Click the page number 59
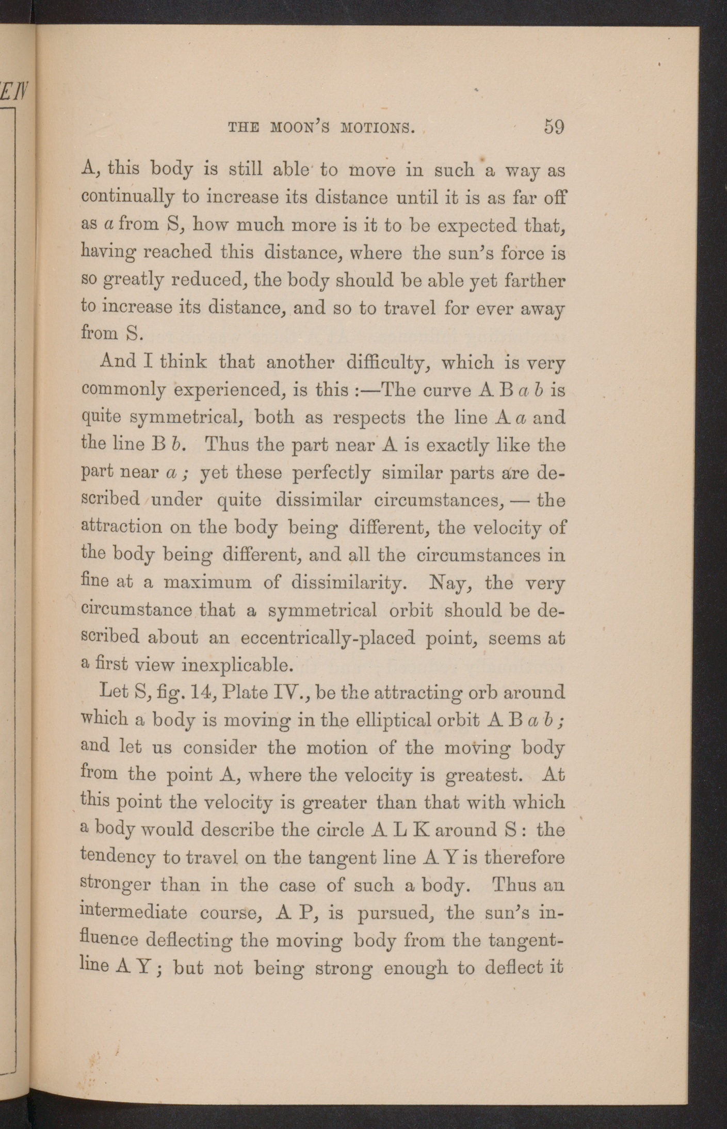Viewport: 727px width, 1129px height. pos(554,126)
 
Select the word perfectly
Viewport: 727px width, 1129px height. pos(331,472)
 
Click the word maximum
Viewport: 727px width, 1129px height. pos(207,583)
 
